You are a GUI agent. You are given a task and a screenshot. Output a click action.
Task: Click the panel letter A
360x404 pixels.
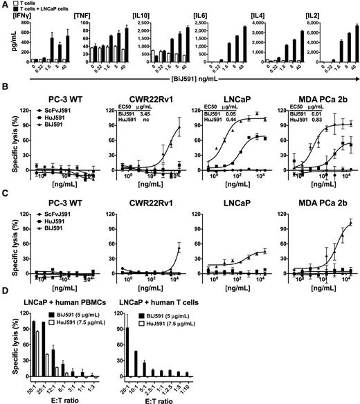[5, 6]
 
